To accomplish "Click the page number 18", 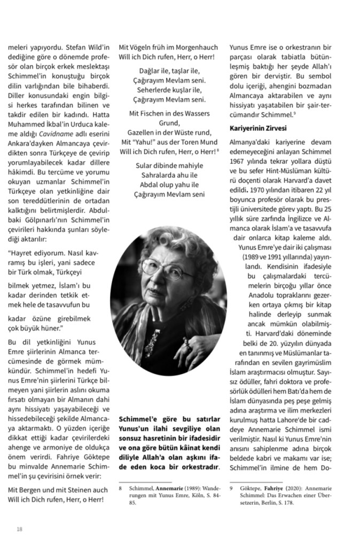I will [x=19, y=529].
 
